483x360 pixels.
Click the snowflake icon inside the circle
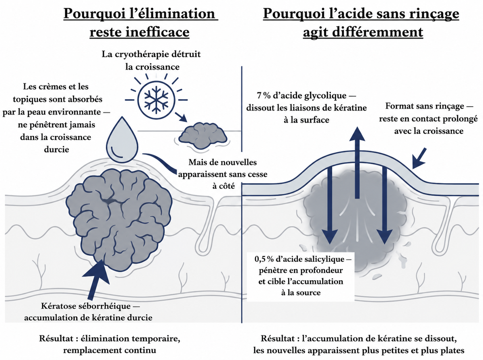[156, 100]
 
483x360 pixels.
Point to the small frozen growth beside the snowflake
[203, 136]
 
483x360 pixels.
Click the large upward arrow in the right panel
[357, 163]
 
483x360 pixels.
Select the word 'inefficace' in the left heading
[158, 32]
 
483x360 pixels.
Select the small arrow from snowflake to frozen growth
[181, 117]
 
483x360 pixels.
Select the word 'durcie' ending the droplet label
[57, 149]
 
